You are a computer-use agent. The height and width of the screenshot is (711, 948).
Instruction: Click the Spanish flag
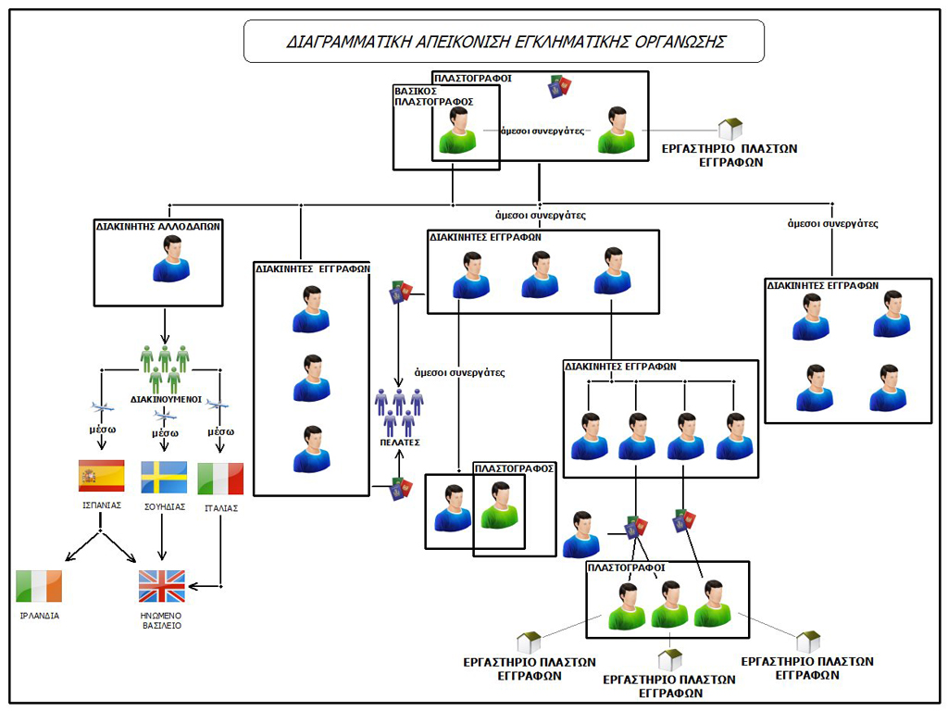pos(102,476)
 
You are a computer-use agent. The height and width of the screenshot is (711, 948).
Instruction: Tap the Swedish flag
pos(164,477)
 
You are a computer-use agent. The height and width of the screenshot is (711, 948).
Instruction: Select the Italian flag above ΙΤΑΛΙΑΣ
pos(220,479)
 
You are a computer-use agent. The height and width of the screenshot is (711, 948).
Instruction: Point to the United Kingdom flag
pos(162,586)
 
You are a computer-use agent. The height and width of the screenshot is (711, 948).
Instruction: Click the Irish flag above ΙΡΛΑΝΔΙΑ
pos(39,586)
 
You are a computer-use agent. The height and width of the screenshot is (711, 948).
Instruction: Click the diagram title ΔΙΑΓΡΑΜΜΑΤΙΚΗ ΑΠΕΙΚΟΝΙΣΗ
pos(504,42)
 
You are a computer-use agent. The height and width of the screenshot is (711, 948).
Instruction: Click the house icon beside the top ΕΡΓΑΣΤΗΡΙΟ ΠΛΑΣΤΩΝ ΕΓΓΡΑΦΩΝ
pos(731,129)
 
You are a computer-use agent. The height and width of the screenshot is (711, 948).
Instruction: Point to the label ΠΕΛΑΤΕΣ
pos(399,443)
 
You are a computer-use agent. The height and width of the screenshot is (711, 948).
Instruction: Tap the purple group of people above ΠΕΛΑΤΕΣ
pos(399,412)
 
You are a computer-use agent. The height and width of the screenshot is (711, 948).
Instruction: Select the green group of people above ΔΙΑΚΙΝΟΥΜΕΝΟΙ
pos(165,368)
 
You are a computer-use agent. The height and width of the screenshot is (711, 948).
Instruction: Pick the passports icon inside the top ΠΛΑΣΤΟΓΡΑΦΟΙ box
pos(559,86)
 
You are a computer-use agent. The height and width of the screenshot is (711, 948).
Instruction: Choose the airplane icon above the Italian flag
pos(218,404)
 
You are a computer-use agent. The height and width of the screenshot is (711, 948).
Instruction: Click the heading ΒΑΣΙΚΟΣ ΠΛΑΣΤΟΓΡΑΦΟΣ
pos(434,96)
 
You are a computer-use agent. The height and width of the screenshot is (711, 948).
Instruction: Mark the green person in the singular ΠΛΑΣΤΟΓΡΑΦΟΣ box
pos(501,507)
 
